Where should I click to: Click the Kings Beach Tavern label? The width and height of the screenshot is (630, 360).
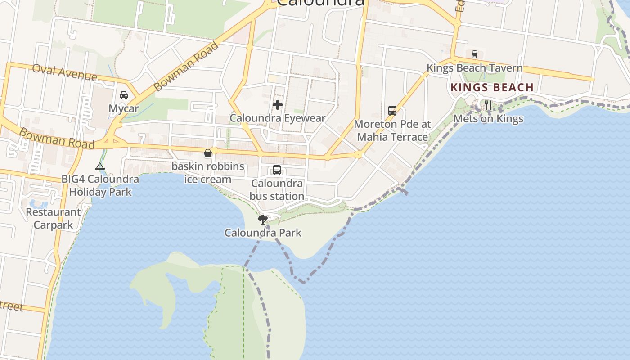(474, 68)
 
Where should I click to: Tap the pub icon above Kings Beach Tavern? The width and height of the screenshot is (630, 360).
(474, 54)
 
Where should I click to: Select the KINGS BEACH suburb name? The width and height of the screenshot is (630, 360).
(492, 87)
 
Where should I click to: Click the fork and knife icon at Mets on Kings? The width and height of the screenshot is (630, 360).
(488, 106)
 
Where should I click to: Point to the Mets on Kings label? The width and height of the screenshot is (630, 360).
(488, 119)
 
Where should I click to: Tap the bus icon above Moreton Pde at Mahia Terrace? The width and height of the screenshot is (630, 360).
(392, 111)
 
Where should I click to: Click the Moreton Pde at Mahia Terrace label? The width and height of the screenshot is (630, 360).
(392, 130)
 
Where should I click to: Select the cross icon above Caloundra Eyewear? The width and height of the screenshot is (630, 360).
(278, 105)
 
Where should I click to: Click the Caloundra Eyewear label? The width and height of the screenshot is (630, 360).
(277, 118)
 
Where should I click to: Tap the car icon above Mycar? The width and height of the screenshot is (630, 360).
(124, 95)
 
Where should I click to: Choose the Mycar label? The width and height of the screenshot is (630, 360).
(124, 108)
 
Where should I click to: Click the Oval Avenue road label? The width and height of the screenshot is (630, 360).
(65, 72)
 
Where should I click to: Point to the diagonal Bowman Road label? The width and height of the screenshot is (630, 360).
(186, 66)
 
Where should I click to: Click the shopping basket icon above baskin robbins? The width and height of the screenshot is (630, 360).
(208, 153)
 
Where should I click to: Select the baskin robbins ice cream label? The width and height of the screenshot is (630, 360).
(208, 173)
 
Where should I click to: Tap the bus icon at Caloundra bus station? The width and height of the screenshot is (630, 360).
(277, 170)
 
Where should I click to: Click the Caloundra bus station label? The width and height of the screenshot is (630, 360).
(277, 190)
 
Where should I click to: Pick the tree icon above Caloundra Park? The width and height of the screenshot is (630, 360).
(263, 220)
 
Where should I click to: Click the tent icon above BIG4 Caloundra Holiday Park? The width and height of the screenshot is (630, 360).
(100, 166)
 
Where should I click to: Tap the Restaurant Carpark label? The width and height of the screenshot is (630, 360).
(53, 218)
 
